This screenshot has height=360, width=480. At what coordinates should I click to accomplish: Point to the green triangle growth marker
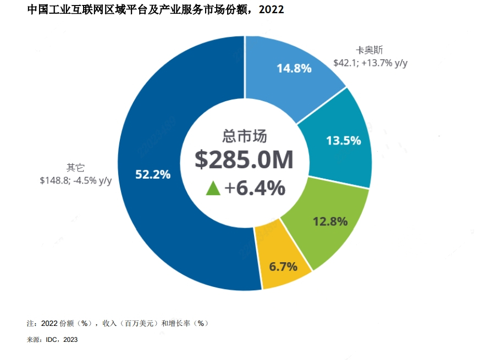click(213, 189)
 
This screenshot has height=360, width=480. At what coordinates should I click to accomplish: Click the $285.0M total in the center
click(244, 160)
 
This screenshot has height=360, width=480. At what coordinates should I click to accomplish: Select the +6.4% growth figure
click(255, 189)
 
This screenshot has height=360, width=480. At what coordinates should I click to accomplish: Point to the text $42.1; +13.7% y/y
click(370, 63)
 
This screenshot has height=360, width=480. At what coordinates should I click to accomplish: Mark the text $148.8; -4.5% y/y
click(75, 180)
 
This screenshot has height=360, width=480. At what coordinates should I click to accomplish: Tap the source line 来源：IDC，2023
click(52, 340)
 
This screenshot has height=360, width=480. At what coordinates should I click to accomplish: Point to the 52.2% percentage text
click(153, 175)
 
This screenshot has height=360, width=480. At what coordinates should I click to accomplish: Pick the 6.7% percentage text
click(283, 267)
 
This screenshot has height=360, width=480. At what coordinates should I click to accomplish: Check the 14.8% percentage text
click(294, 69)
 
